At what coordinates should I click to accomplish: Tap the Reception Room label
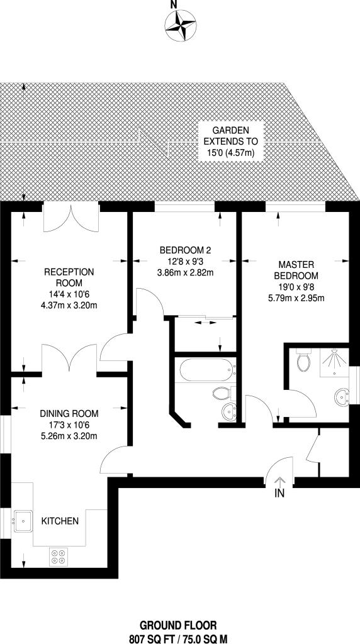(x=69, y=277)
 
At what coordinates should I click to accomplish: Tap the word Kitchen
(x=60, y=521)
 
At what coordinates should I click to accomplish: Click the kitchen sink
(x=23, y=521)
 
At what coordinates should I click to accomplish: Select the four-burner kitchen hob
(x=58, y=557)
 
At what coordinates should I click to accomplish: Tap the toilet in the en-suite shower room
(x=304, y=360)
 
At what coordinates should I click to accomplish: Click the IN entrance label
(x=279, y=494)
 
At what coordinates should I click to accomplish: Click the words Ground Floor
(x=178, y=626)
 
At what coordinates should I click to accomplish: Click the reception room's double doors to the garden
(x=71, y=217)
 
